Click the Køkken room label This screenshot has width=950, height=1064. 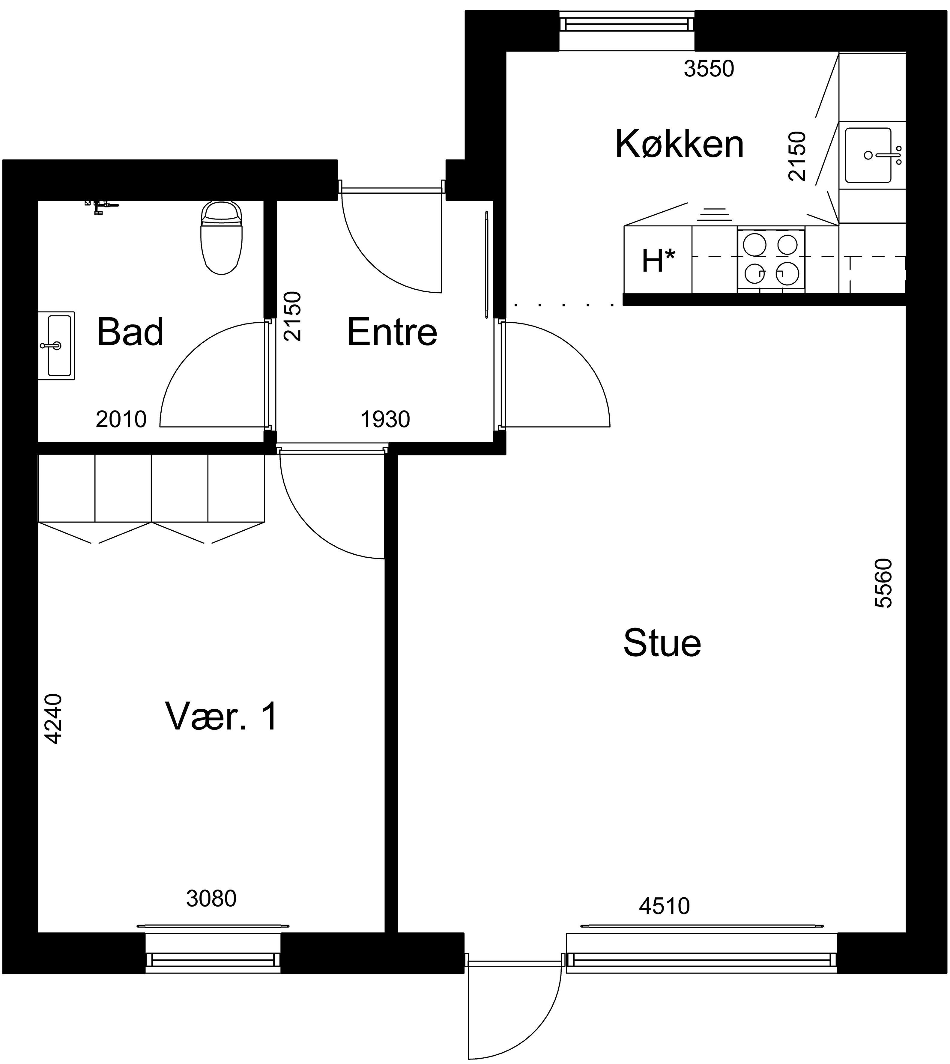point(680,144)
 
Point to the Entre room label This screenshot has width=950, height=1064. point(392,332)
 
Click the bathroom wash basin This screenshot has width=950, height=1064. point(56,345)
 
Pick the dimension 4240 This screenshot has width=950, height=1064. point(53,719)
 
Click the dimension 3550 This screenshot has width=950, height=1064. point(709,69)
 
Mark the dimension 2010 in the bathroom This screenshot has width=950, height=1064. point(121,419)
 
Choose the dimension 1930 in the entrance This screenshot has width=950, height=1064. point(385,419)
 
